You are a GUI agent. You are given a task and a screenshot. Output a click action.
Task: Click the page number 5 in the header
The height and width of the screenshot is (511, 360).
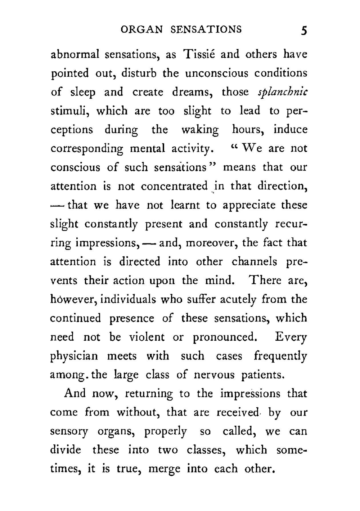point(304,30)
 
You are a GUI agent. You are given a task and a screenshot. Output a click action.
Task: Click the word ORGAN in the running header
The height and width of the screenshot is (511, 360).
point(142,29)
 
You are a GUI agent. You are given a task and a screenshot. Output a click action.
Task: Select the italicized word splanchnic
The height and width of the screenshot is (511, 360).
point(283,93)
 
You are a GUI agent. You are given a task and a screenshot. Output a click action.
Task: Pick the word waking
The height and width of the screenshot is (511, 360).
point(200,130)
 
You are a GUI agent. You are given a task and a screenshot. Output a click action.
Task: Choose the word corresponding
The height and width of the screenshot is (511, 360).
point(87,149)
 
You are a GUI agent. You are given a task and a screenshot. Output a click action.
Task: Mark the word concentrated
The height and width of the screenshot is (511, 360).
point(174,187)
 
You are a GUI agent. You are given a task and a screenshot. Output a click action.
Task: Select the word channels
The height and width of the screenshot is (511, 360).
point(254,262)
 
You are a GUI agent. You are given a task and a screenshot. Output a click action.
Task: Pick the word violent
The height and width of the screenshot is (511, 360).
point(147,337)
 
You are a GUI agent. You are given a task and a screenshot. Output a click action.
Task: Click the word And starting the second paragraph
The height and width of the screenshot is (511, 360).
point(75,393)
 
